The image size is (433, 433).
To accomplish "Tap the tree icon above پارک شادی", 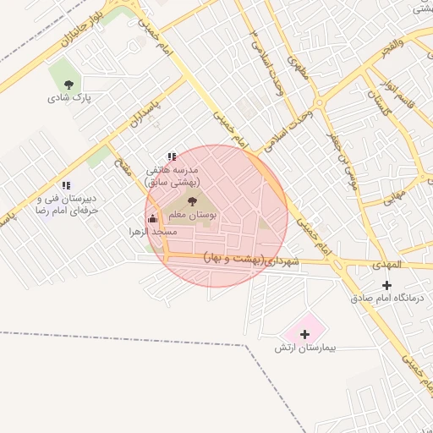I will [x=69, y=83].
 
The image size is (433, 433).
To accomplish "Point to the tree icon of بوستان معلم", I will [x=193, y=201].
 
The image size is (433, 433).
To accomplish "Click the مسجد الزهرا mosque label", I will [x=153, y=231].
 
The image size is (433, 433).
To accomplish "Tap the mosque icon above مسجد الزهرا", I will [x=153, y=218].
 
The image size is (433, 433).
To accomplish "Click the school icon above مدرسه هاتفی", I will [x=172, y=156].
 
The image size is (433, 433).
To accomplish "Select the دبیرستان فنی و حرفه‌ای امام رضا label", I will [x=65, y=203].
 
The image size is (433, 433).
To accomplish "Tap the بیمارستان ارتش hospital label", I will [x=305, y=348].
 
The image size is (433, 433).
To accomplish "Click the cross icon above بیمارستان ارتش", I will [x=305, y=334].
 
